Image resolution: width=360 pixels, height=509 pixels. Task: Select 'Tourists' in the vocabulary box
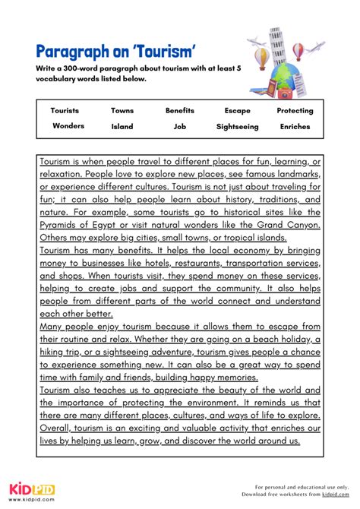(x=65, y=111)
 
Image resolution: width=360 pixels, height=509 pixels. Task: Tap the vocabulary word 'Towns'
(x=122, y=111)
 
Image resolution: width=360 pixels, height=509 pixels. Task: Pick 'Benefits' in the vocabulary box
(x=180, y=111)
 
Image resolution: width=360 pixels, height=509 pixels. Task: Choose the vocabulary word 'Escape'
(x=237, y=111)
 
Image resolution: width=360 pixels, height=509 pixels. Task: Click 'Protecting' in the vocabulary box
(x=295, y=111)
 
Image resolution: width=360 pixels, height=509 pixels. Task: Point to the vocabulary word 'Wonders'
(x=68, y=126)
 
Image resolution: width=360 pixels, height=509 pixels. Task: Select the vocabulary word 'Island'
(x=122, y=127)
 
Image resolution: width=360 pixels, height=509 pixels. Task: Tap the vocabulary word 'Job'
(x=180, y=127)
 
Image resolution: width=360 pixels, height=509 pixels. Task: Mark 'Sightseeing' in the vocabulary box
(x=237, y=127)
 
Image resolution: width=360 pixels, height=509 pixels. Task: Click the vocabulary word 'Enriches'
(x=295, y=127)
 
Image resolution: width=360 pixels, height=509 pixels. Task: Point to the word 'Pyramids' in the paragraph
(x=62, y=226)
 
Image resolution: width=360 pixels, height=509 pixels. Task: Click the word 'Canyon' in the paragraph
(x=298, y=226)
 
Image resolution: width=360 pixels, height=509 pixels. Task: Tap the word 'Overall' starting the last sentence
(x=58, y=426)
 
